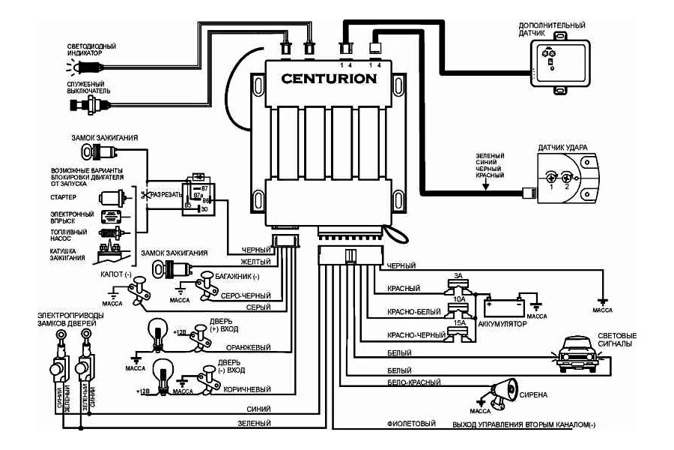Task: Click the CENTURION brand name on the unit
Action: [x=329, y=78]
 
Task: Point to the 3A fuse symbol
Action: [x=458, y=284]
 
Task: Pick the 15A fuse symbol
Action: [x=458, y=333]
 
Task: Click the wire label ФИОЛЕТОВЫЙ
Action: [x=410, y=424]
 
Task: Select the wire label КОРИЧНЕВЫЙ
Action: [x=250, y=389]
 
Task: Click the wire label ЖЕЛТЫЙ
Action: [x=255, y=262]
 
